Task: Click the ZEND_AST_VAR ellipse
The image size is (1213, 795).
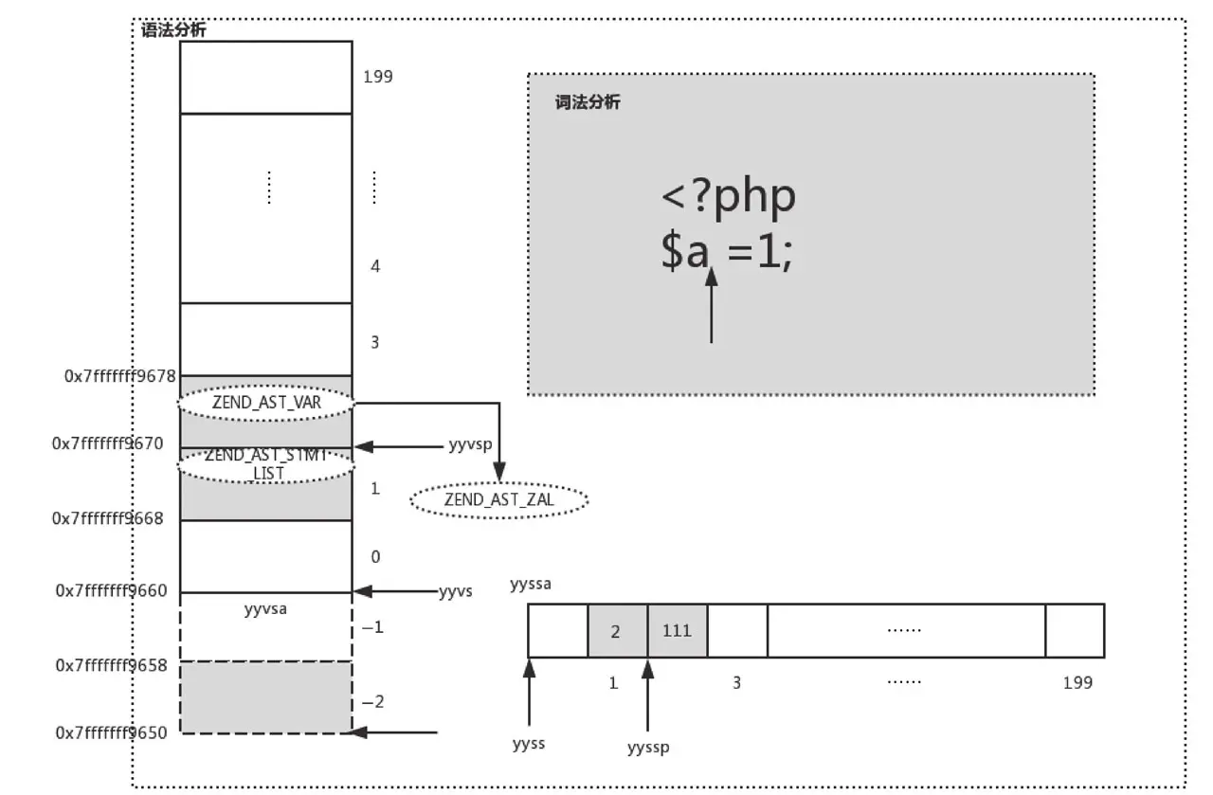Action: [266, 403]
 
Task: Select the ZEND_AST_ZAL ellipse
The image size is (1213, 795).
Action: [498, 499]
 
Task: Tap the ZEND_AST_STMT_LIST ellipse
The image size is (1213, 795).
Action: [266, 463]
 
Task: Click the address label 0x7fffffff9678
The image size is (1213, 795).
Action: [120, 376]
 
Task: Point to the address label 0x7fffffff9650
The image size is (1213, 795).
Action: [111, 732]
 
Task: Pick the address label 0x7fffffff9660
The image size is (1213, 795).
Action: [111, 591]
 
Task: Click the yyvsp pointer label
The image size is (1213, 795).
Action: [470, 444]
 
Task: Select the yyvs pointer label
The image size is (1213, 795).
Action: [455, 592]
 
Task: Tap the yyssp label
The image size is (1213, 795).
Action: [648, 747]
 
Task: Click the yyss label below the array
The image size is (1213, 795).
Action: [528, 743]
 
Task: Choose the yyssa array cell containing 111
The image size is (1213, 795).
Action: [678, 630]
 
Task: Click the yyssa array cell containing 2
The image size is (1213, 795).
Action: [617, 630]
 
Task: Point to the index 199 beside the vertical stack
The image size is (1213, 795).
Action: [377, 77]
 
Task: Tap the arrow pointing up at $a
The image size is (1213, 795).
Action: [711, 303]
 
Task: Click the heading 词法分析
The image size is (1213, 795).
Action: [588, 102]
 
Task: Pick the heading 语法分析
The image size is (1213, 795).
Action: [173, 30]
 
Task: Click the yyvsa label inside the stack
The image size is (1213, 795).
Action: [265, 609]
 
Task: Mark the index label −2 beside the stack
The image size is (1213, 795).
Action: [373, 701]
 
